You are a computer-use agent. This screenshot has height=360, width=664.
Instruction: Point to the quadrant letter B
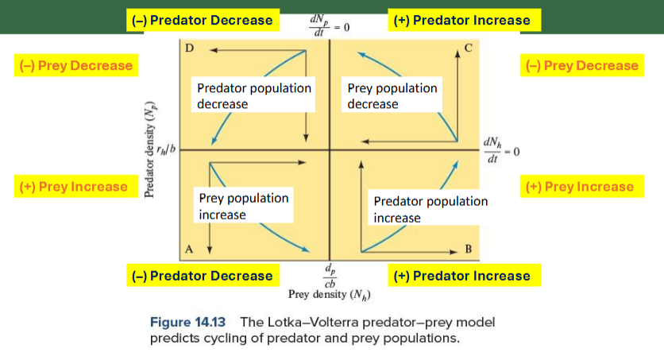tap(468, 249)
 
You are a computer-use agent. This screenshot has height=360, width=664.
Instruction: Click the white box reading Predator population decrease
tap(253, 95)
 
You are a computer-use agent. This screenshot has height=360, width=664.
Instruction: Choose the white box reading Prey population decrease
tap(392, 95)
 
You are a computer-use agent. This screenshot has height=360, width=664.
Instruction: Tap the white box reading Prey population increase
tap(243, 206)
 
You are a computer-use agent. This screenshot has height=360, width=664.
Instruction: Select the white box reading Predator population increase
tap(430, 209)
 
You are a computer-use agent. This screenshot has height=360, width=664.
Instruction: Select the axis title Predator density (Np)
tap(149, 151)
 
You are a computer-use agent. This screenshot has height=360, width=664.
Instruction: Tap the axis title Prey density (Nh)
tap(330, 295)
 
